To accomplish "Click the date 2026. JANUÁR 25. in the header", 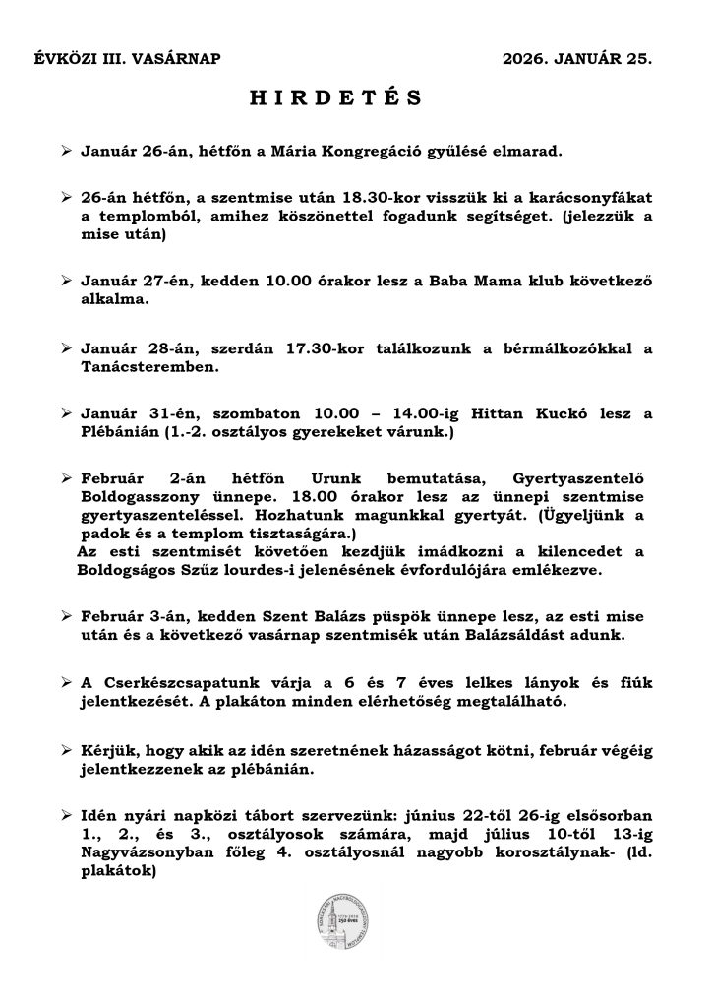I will [x=576, y=59].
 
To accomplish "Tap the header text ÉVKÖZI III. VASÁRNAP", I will [x=128, y=59].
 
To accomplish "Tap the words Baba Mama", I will [x=465, y=282].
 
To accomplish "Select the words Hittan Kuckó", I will [x=517, y=414].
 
